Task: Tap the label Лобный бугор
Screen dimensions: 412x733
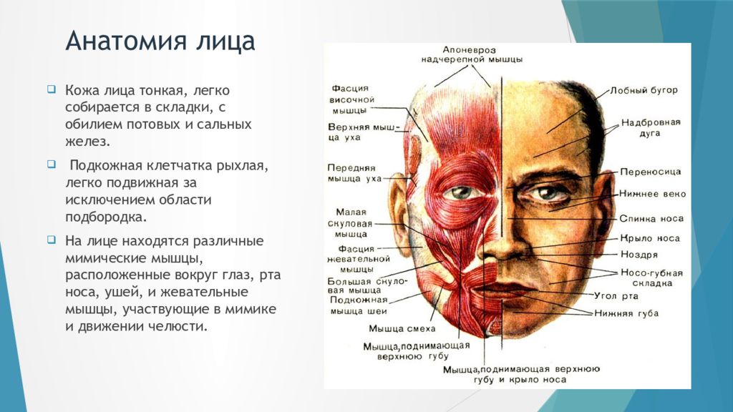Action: (x=644, y=91)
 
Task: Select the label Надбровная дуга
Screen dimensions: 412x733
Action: (x=651, y=128)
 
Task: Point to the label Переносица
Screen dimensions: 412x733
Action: (x=651, y=172)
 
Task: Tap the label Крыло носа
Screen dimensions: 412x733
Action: (x=650, y=238)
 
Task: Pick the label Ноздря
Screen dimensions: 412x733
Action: (x=639, y=254)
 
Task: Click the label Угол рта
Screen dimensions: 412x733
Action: (x=615, y=295)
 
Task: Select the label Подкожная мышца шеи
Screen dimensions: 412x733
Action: (x=359, y=306)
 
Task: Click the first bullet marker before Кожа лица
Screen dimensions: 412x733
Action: (x=51, y=90)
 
